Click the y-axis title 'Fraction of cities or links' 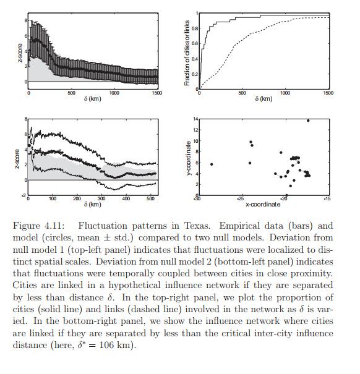tap(187, 53)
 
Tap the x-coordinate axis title tap(263, 205)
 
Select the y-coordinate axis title tap(189, 158)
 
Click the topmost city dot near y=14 tap(308, 121)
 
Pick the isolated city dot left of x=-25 tap(212, 164)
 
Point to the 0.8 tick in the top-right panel tap(195, 28)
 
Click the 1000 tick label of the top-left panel tap(114, 93)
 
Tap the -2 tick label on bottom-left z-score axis tap(24, 195)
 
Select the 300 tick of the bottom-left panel tap(101, 198)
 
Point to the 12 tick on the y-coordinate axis tap(195, 130)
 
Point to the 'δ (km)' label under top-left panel tap(93, 99)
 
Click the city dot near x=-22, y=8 tap(281, 153)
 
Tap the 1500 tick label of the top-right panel tap(328, 93)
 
